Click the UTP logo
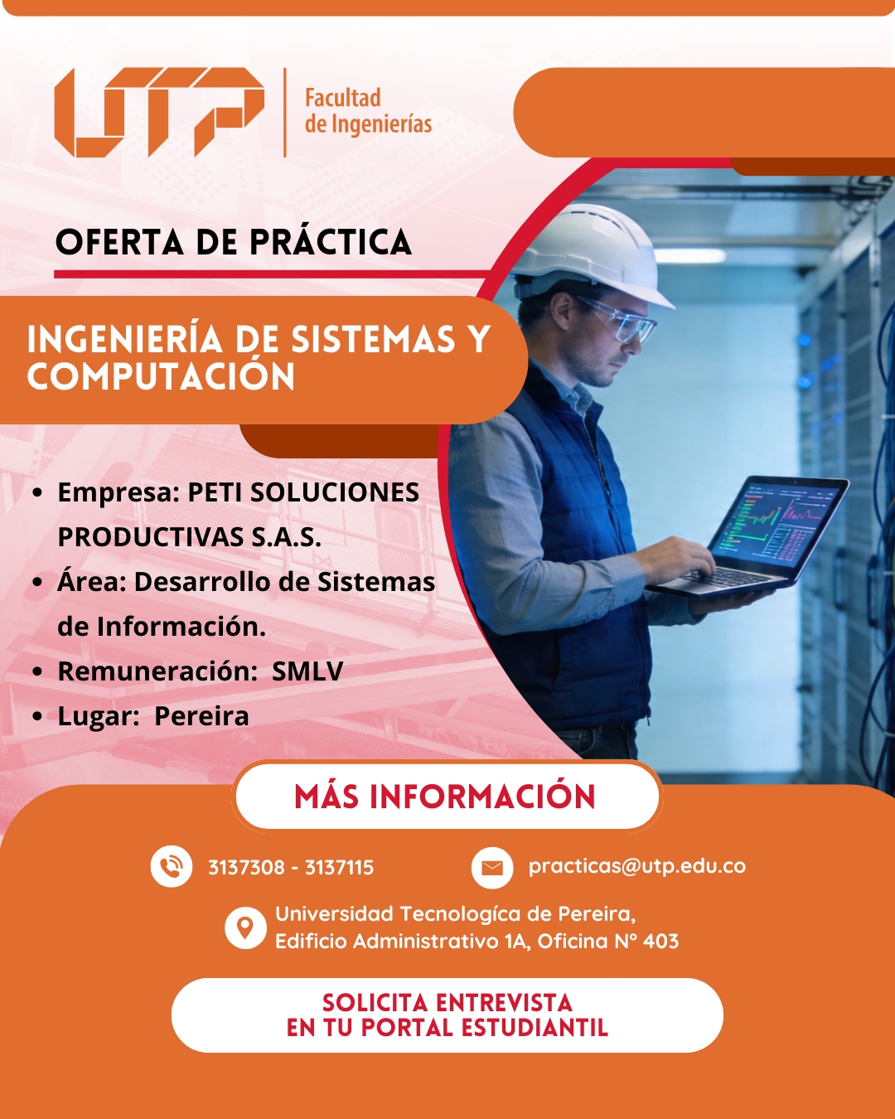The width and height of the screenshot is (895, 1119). pos(159,113)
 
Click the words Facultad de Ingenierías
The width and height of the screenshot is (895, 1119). pos(368,111)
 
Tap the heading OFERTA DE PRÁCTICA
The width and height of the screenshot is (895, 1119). pos(234,242)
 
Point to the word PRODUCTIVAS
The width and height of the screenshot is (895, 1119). pos(150,537)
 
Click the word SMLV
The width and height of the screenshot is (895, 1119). pos(307,671)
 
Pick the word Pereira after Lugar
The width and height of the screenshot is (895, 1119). pos(201,716)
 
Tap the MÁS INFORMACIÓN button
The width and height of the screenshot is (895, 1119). pos(447,797)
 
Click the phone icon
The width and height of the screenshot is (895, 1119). pos(171,866)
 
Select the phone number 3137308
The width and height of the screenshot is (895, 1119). pos(246,867)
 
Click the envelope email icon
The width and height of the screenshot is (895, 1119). pos(492,868)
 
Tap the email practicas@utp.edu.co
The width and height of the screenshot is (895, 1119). pos(637,866)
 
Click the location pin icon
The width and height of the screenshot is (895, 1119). pos(245,928)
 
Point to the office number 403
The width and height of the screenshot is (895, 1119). pos(660,941)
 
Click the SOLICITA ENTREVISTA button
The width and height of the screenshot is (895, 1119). pos(447,1015)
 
